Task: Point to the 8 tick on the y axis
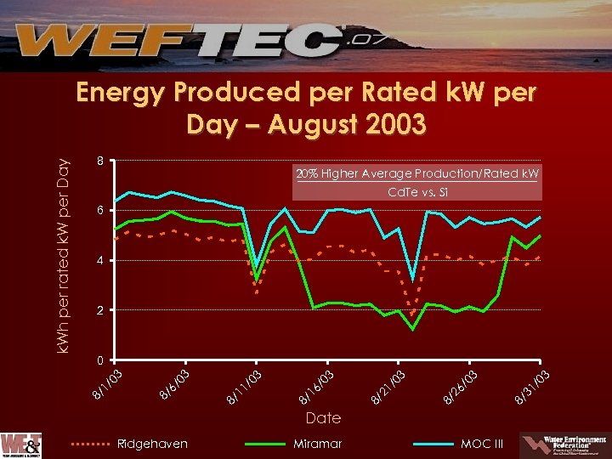100,161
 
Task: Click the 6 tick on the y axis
100,210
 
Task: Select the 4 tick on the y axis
100,260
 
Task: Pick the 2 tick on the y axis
100,310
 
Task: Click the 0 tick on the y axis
100,360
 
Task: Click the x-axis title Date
323,417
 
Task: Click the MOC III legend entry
481,444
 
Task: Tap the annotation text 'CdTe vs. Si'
416,192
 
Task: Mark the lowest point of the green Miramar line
413,329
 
